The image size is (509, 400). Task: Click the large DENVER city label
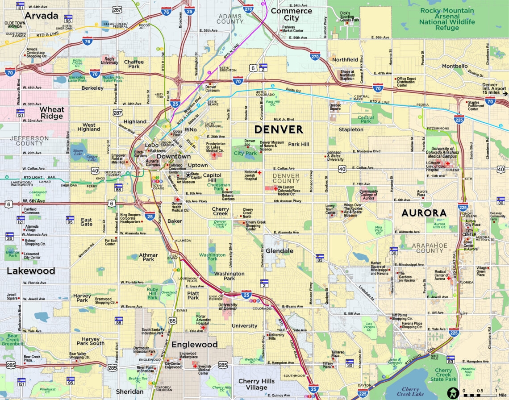click(279, 129)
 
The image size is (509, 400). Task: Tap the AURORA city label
click(424, 213)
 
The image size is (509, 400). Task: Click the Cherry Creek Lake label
click(410, 392)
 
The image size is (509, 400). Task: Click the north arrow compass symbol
click(453, 393)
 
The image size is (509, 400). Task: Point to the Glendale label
click(280, 251)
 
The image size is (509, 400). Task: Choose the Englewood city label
click(195, 344)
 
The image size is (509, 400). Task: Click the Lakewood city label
click(31, 271)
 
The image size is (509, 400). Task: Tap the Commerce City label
click(292, 14)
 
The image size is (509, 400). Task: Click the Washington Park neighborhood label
click(229, 276)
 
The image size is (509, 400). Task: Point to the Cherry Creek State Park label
click(443, 375)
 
